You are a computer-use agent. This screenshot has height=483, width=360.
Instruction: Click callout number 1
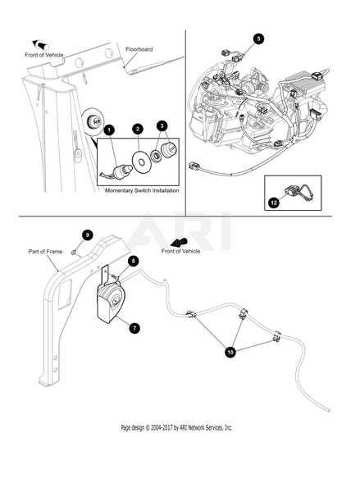pos(109,130)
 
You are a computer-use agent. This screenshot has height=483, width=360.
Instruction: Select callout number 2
pos(138,129)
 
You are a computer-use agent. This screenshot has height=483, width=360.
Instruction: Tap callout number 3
pos(162,125)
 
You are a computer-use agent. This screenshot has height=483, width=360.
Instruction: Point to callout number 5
pos(258,39)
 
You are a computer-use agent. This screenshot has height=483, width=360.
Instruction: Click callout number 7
pos(134,328)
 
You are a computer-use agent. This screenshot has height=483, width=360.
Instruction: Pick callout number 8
pos(133,262)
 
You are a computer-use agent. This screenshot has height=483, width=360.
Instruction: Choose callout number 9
pos(88,235)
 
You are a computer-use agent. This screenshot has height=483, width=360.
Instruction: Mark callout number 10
pos(230,352)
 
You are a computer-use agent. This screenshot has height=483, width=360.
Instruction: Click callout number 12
pos(274,203)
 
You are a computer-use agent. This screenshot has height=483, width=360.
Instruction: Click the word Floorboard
pos(139,49)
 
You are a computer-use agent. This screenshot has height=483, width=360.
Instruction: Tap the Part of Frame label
pos(45,252)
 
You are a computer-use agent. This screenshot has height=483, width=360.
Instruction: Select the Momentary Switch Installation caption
pos(142,190)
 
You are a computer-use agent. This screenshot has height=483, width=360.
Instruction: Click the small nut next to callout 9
pos(74,253)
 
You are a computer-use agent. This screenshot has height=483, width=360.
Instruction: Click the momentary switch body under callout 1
pos(121,171)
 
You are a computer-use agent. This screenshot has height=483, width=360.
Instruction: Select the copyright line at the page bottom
pos(176,427)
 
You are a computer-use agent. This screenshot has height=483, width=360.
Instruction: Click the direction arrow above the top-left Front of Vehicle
pos(41,44)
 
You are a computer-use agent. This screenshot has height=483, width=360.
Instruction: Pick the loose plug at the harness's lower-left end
pos(194,166)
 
